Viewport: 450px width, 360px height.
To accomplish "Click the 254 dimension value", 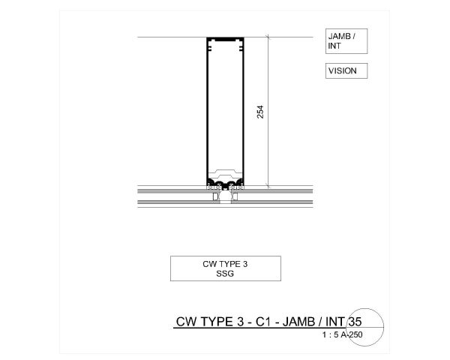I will [260, 111].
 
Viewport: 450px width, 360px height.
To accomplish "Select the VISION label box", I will [346, 71].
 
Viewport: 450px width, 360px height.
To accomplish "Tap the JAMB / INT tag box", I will [346, 42].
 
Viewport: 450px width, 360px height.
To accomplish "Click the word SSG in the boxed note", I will [225, 273].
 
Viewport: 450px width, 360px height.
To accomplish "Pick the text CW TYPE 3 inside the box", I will [225, 264].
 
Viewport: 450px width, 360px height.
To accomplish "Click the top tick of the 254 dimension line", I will [267, 37].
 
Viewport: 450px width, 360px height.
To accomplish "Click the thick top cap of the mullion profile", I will [225, 38].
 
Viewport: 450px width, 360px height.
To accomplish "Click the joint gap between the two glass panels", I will [225, 196].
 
